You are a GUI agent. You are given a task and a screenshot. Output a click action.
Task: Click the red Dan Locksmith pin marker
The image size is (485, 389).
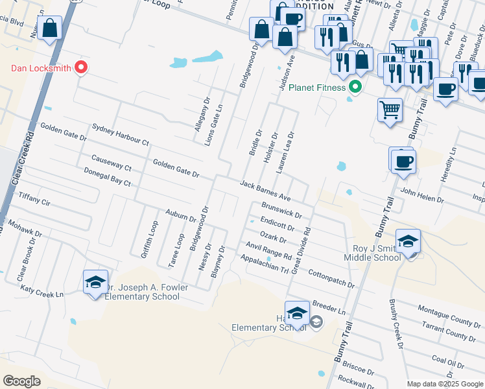(81, 67)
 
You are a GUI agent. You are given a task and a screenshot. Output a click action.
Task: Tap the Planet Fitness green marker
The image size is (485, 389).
(355, 87)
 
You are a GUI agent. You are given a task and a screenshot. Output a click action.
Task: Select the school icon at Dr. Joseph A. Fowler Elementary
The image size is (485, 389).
(95, 283)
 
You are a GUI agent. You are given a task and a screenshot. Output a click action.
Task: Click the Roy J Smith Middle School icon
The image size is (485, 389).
(408, 242)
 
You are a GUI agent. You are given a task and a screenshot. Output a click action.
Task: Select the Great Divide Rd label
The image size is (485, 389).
(302, 250)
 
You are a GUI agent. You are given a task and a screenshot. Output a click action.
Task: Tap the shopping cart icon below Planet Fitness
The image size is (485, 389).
(389, 110)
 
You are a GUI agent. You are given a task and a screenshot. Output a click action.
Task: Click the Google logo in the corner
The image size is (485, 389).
(22, 381)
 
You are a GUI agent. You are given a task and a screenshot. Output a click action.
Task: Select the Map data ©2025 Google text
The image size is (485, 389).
(444, 384)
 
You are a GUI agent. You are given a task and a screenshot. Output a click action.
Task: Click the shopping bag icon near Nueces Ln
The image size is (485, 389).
(49, 29)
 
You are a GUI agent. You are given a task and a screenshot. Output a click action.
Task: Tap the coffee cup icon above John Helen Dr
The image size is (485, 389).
(402, 160)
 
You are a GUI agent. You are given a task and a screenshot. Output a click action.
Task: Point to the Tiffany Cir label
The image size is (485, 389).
(34, 198)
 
